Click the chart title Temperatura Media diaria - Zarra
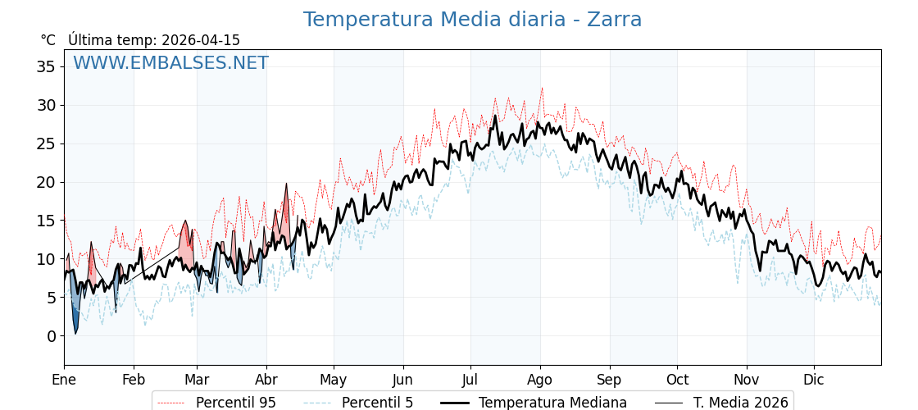pyautogui.click(x=472, y=20)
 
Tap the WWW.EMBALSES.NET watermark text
pyautogui.click(x=170, y=63)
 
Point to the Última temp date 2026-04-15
pyautogui.click(x=201, y=40)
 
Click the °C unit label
pyautogui.click(x=48, y=40)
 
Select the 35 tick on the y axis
pyautogui.click(x=46, y=66)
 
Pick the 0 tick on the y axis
pyautogui.click(x=51, y=336)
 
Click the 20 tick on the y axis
pyautogui.click(x=46, y=182)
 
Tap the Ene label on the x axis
pyautogui.click(x=64, y=380)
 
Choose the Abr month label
pyautogui.click(x=266, y=380)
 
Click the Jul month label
pyautogui.click(x=470, y=380)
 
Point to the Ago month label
pyautogui.click(x=540, y=380)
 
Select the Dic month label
pyautogui.click(x=814, y=380)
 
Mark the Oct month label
pyautogui.click(x=677, y=380)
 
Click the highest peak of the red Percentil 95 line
pyautogui.click(x=542, y=89)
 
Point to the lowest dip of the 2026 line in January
pyautogui.click(x=75, y=333)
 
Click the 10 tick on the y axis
pyautogui.click(x=46, y=259)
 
